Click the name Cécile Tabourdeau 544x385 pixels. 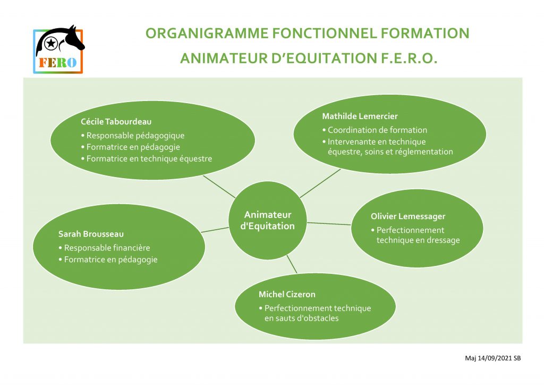pyautogui.click(x=116, y=121)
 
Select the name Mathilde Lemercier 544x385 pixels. pyautogui.click(x=360, y=116)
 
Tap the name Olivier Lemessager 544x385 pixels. pyautogui.click(x=408, y=216)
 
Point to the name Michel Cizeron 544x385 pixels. pyautogui.click(x=287, y=295)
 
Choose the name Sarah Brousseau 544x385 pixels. pyautogui.click(x=91, y=234)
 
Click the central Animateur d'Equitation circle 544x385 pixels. pyautogui.click(x=268, y=220)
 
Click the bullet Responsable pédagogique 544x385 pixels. pyautogui.click(x=132, y=136)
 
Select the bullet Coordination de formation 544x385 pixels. pyautogui.click(x=375, y=130)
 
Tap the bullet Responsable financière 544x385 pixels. pyautogui.click(x=104, y=248)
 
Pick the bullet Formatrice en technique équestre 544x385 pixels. pyautogui.click(x=147, y=158)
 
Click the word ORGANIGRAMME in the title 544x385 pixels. pyautogui.click(x=207, y=34)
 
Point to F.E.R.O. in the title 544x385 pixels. pyautogui.click(x=409, y=58)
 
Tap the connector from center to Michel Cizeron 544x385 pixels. pyautogui.click(x=292, y=264)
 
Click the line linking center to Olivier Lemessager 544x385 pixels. pyautogui.click(x=329, y=223)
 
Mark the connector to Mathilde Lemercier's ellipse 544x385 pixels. pyautogui.click(x=320, y=183)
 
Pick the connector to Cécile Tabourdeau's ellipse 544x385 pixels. pyautogui.click(x=219, y=187)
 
